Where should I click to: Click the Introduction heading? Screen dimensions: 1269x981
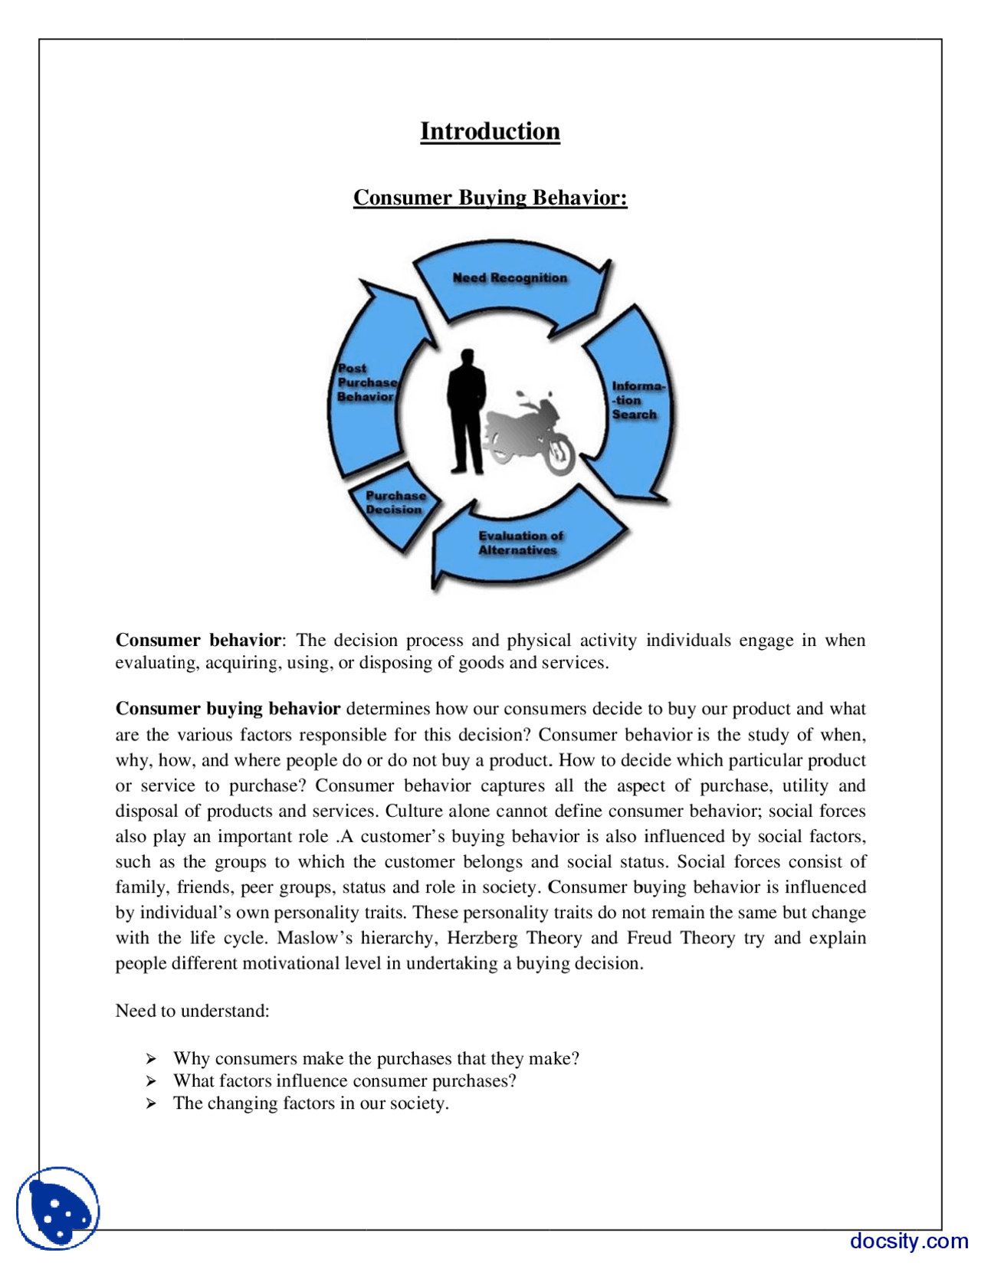490,131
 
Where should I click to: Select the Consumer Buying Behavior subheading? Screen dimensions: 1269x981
490,198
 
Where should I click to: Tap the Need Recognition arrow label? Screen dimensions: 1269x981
510,278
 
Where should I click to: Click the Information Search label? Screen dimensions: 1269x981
635,400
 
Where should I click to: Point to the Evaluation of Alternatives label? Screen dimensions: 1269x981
520,543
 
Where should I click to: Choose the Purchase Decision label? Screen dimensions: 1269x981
395,503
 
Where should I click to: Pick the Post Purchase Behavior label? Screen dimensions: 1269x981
366,382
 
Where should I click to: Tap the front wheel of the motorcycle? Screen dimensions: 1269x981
559,454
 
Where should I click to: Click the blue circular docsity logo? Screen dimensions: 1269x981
58,1208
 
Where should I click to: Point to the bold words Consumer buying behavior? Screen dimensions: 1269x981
228,708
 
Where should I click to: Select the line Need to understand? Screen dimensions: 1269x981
192,1011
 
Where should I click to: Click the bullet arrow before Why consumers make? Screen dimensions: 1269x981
152,1059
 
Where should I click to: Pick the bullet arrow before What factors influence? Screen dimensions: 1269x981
152,1081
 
